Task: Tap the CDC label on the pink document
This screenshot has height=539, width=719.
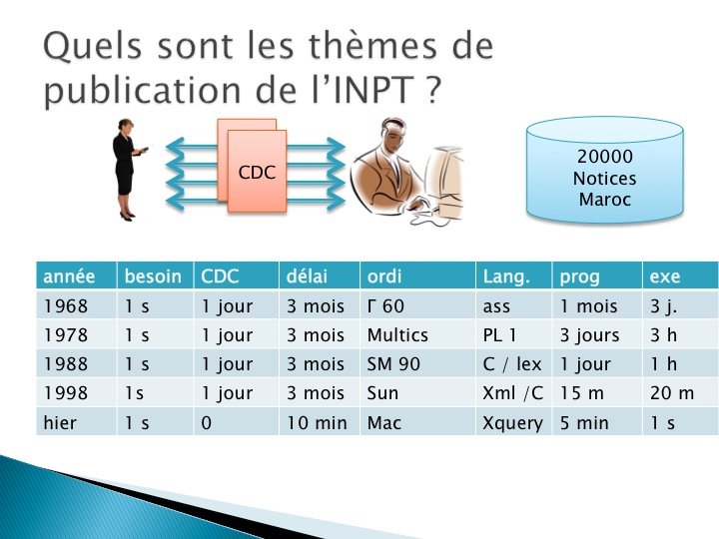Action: [257, 173]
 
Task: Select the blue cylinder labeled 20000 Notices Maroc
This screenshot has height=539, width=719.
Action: [605, 170]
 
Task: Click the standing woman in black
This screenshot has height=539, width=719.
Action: [128, 170]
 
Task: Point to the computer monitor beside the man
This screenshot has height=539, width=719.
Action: [443, 182]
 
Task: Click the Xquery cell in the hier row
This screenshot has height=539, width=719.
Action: [512, 423]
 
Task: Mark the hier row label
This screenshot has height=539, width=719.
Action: [60, 422]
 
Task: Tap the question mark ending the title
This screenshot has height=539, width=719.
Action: [432, 90]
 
